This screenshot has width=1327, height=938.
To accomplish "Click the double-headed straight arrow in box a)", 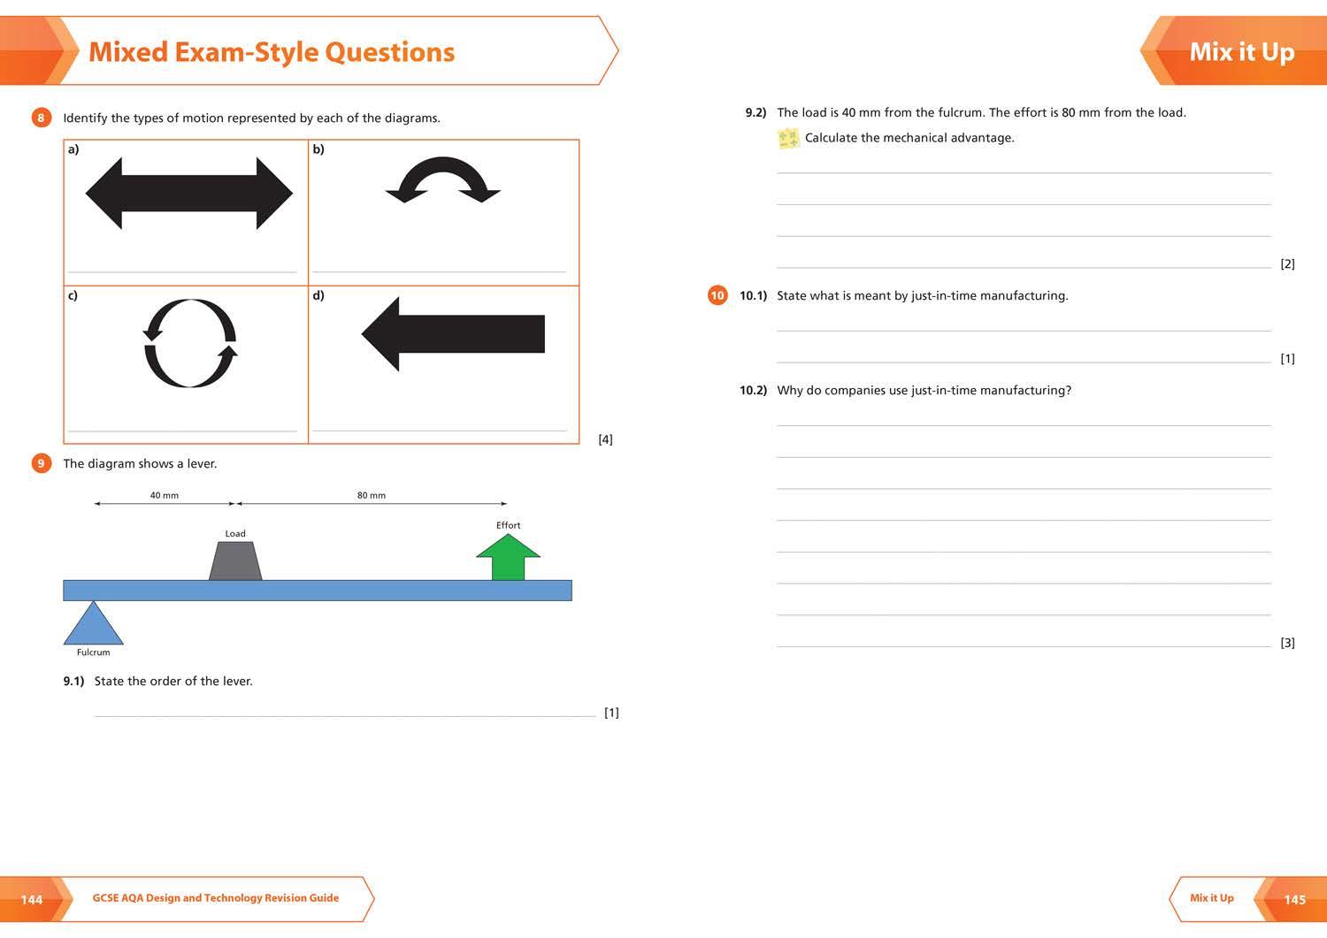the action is point(189,193).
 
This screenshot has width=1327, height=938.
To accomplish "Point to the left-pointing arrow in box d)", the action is point(453,334).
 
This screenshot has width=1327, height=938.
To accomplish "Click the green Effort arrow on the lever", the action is point(509,557).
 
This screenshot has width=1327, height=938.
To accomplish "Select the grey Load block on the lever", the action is point(235,561).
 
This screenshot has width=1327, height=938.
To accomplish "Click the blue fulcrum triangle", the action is point(94,623).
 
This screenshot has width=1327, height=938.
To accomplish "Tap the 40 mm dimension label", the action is point(164,495).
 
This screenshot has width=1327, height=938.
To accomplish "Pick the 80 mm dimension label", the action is point(372,495).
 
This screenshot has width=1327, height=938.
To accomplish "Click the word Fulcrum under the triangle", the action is point(94,652).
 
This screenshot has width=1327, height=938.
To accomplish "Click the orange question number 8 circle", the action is point(41,118).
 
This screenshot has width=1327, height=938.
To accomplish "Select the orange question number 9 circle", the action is point(41,463).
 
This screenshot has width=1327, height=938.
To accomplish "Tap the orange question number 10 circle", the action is point(717,295).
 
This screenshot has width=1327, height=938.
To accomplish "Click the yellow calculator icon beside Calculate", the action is point(788,139).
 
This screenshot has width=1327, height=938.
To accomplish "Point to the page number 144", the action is point(32,899).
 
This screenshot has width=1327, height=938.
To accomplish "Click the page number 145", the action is point(1295,899).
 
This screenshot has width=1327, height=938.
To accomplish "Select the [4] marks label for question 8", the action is point(605,439).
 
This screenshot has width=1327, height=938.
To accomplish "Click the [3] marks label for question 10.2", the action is point(1287,643).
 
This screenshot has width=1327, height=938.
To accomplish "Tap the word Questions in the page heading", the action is point(390,52).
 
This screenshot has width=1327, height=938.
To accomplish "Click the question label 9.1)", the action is point(74,681).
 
